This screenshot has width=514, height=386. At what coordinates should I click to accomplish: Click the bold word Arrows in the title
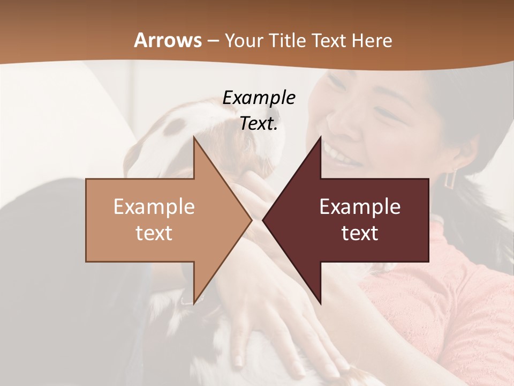coord(168,40)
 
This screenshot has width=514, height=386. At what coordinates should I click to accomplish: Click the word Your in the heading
coord(243,41)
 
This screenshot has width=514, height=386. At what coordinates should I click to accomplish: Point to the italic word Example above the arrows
coord(259,98)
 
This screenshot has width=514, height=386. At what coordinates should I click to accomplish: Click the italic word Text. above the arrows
coord(259,123)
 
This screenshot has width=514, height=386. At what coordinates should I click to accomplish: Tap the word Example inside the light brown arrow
coord(154,207)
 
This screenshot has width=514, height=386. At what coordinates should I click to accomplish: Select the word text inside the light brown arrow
coord(154,233)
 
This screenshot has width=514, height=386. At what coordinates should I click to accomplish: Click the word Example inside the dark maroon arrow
coord(360,207)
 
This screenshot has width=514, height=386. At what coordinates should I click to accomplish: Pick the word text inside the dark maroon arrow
coord(360,233)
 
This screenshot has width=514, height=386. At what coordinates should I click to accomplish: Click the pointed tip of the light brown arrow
coord(251,220)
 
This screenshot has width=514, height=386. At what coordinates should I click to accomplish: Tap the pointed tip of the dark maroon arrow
coord(263,220)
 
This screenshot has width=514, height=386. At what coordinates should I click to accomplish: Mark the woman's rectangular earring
coord(450,177)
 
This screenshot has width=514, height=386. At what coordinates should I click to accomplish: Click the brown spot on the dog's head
coord(175,126)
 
